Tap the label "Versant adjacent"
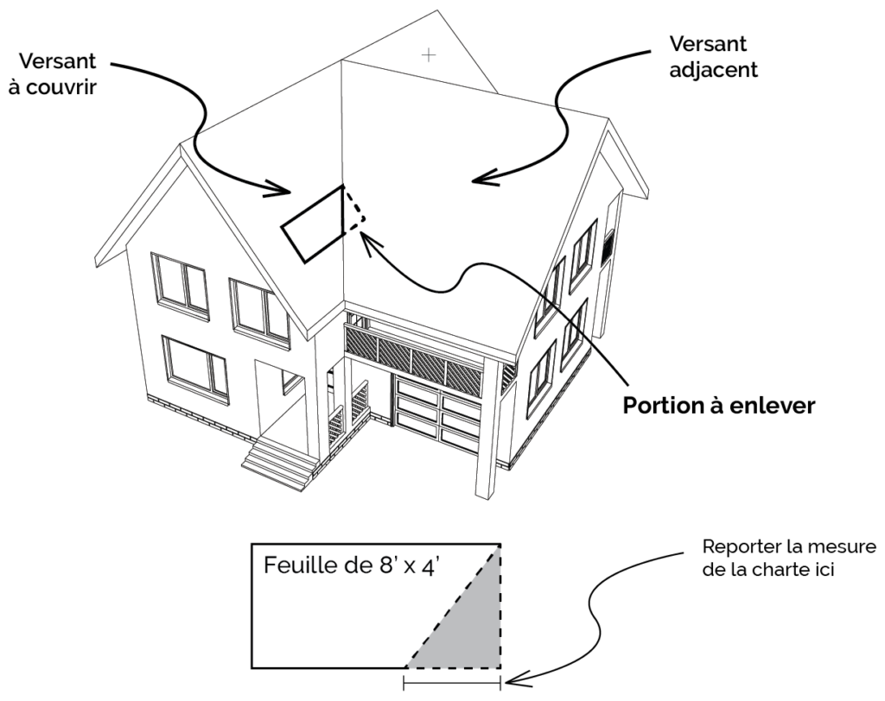[709, 56]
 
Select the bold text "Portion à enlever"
[718, 406]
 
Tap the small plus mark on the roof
[429, 55]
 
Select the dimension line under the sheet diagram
[451, 684]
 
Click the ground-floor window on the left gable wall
[195, 366]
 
